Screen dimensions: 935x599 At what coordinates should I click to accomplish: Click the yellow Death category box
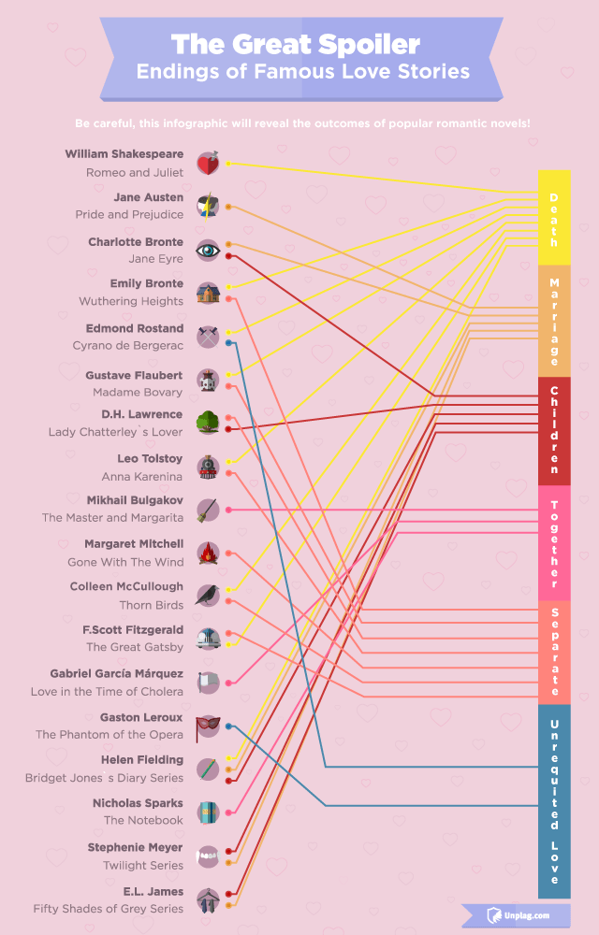553,218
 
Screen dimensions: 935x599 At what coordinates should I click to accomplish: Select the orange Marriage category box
553,321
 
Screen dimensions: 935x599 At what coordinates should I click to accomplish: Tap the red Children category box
553,430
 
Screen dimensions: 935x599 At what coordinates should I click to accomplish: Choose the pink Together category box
553,542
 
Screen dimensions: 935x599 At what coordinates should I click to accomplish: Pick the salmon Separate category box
553,652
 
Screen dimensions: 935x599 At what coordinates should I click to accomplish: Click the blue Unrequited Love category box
553,801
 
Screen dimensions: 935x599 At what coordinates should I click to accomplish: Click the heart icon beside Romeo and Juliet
208,164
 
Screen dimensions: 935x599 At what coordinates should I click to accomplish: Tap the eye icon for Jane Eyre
208,250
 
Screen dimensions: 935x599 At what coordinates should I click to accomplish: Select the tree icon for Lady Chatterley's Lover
208,422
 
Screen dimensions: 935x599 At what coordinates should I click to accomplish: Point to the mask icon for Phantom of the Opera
208,726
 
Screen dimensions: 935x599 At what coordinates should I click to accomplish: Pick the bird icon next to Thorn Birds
208,596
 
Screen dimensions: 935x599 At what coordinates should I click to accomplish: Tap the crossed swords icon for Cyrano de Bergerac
208,337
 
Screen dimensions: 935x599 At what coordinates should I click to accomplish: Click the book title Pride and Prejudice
129,215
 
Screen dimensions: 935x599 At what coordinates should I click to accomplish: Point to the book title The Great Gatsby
135,647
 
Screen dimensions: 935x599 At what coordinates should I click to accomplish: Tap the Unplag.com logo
518,914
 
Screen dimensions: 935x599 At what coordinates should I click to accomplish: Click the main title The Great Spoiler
295,43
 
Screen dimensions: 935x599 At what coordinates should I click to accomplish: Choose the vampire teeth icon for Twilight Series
208,856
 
